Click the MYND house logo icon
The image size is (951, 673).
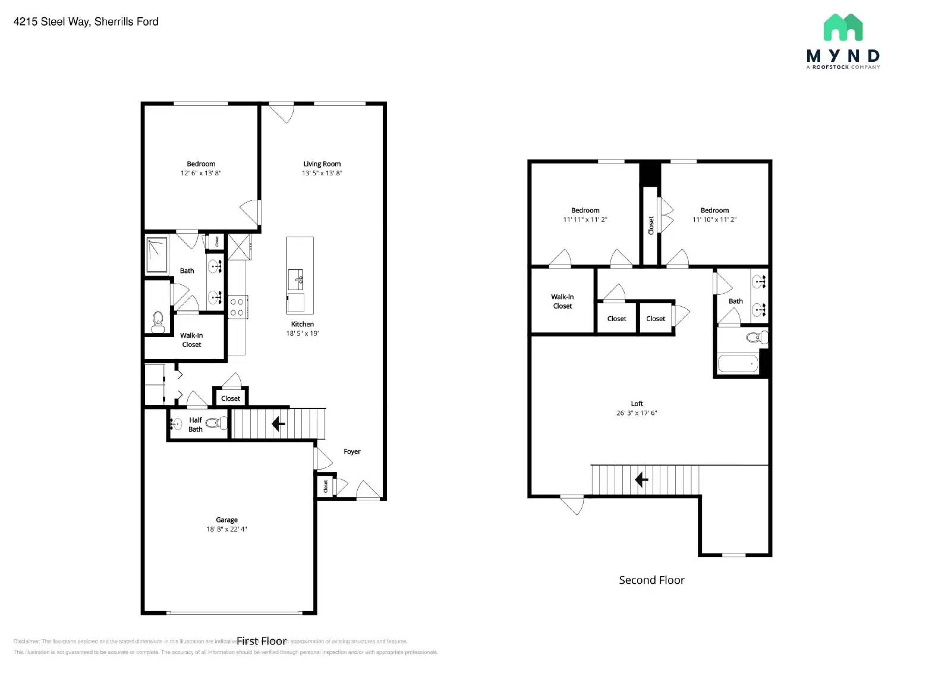point(843,28)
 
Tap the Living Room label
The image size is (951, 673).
point(322,164)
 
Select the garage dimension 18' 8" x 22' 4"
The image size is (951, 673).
point(226,529)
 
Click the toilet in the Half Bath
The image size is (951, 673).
point(218,423)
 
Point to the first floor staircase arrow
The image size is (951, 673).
point(278,424)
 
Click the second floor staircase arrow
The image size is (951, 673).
point(641,479)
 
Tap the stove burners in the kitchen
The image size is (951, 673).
point(237,307)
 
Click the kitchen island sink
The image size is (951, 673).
point(295,279)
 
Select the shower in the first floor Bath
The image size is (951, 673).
point(157,255)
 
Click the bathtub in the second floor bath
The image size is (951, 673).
point(738,363)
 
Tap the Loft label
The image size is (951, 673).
point(637,404)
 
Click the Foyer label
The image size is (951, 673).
point(352,452)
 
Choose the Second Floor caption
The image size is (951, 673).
point(651,580)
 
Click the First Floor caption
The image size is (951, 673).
point(262,641)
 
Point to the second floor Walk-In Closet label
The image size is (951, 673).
point(562,301)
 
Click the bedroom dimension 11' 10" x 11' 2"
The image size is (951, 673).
point(714,220)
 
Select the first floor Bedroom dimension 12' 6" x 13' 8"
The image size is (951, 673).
point(201,174)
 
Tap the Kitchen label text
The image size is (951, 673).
point(302,325)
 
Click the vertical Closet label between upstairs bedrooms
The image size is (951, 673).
point(651,225)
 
